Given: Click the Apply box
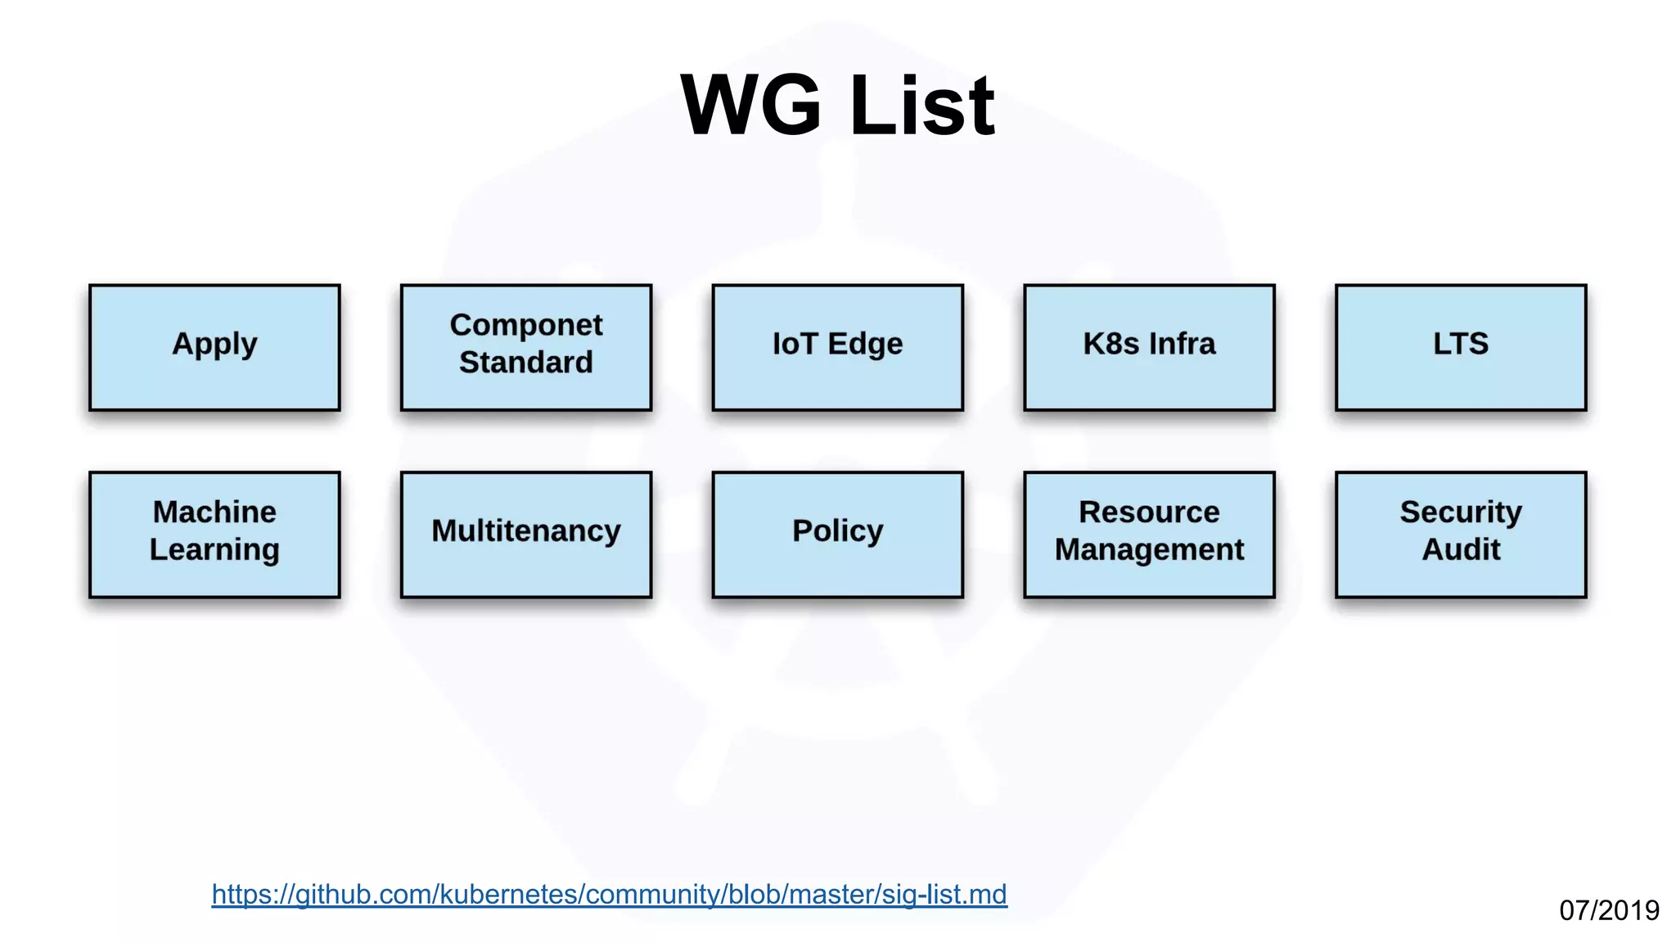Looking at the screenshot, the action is [214, 347].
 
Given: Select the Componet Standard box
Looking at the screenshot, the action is [525, 347].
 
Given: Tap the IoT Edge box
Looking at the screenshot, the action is [837, 347].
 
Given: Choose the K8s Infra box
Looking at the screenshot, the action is [1149, 347].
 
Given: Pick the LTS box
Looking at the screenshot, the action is [1461, 347].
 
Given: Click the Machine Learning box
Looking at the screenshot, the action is [214, 534].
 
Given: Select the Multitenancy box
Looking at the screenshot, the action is [525, 534].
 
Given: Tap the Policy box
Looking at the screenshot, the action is [837, 534].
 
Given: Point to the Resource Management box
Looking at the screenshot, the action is [1149, 534].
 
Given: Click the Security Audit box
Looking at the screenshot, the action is [1461, 534].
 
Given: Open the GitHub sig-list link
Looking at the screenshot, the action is [609, 894].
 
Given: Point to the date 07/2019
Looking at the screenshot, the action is [1609, 910].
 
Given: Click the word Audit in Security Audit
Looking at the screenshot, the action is [1461, 549].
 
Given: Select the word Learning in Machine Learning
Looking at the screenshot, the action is [214, 550].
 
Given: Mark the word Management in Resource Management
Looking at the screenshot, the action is [1149, 550].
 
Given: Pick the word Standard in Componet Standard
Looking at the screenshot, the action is [525, 362].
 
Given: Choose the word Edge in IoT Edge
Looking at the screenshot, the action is [865, 344].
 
